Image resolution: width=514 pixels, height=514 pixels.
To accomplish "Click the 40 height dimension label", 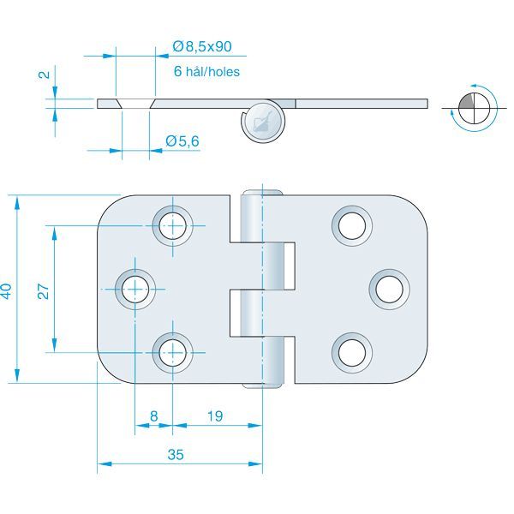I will pyautogui.click(x=7, y=290).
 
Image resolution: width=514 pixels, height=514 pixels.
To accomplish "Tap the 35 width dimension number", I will pyautogui.click(x=176, y=455).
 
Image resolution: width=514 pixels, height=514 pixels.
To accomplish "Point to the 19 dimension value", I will pyautogui.click(x=214, y=416).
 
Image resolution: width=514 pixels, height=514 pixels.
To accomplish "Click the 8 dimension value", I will pyautogui.click(x=153, y=416).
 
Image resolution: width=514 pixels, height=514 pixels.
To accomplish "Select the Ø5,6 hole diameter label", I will pyautogui.click(x=182, y=140).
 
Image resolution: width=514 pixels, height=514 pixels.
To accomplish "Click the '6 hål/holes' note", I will pyautogui.click(x=206, y=73).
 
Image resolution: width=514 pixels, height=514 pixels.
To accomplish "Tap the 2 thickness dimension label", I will pyautogui.click(x=43, y=75).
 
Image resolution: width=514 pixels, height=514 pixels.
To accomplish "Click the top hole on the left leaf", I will pyautogui.click(x=172, y=225).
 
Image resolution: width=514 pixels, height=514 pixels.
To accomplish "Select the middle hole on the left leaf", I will pyautogui.click(x=134, y=288).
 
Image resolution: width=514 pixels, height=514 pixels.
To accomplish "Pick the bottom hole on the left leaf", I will pyautogui.click(x=172, y=351).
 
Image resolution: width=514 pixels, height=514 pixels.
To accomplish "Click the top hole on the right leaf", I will pyautogui.click(x=351, y=225).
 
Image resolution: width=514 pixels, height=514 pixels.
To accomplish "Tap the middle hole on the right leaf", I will pyautogui.click(x=389, y=288).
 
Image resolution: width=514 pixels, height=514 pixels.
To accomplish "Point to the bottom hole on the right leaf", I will pyautogui.click(x=351, y=351).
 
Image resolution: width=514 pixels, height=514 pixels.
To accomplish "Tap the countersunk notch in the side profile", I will pyautogui.click(x=135, y=104).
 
